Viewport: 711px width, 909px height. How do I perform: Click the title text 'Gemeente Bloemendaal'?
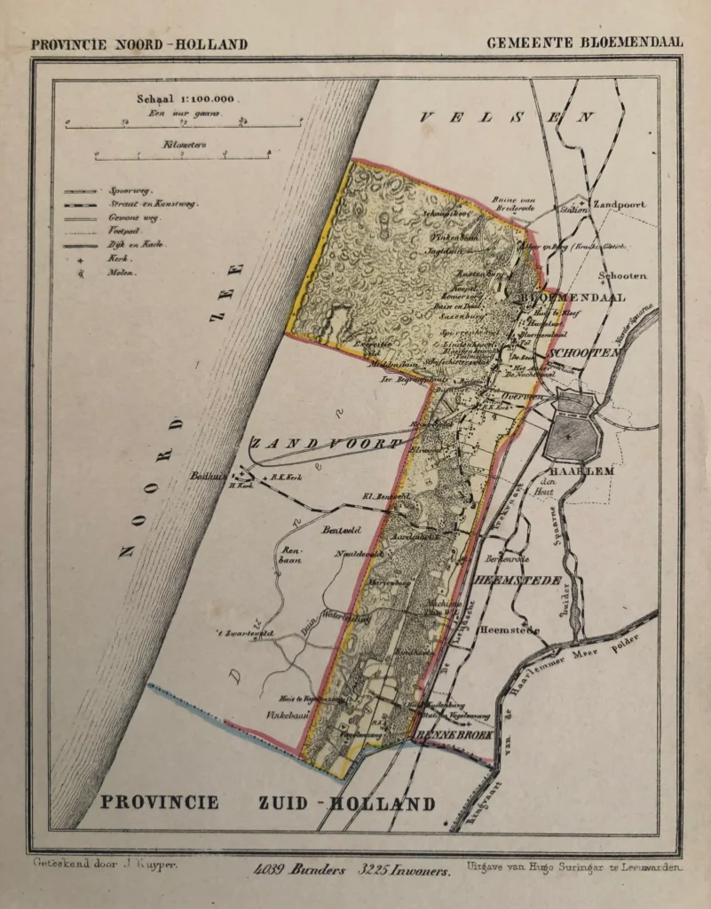(584, 43)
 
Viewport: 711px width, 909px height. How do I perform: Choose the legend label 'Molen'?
(122, 273)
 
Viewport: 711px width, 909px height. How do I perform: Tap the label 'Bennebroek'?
(451, 735)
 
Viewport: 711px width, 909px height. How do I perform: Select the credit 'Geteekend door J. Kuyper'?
(106, 863)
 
